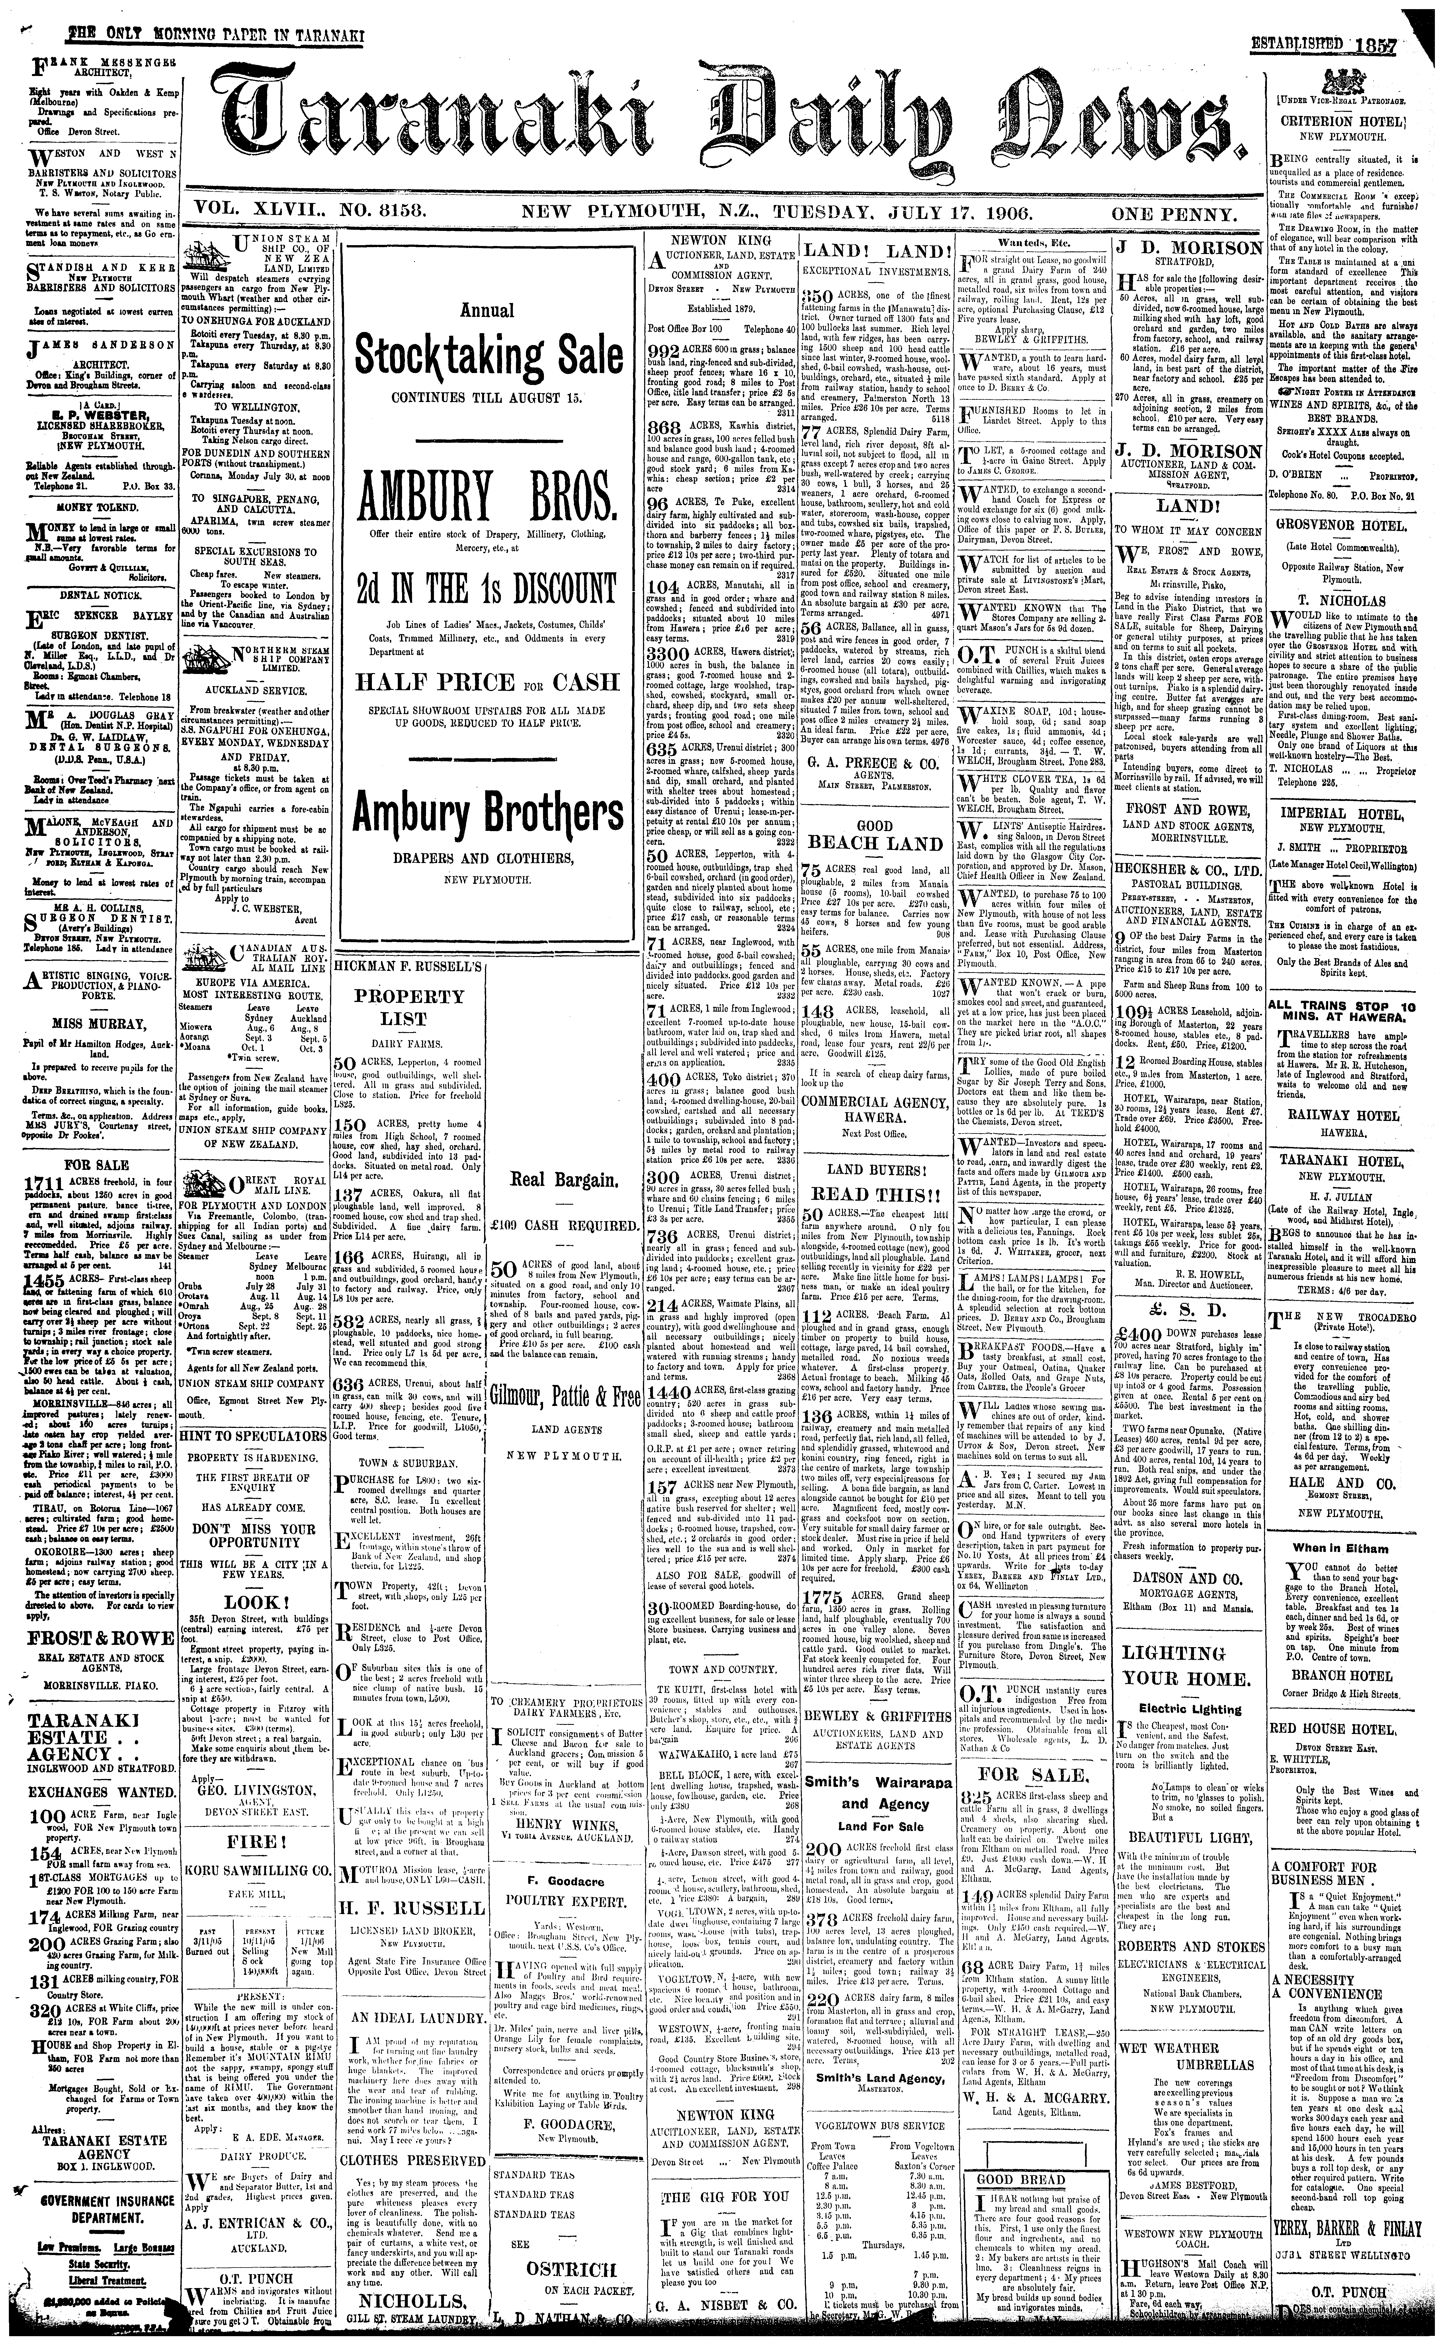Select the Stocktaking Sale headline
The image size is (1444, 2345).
pyautogui.click(x=489, y=356)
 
